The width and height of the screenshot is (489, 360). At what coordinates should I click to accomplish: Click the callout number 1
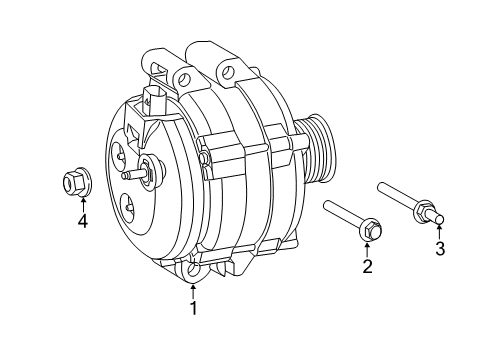194,308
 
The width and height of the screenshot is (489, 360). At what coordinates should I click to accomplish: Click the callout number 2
367,266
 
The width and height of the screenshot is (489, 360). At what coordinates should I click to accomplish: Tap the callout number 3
439,249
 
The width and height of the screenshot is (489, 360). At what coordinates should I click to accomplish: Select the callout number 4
83,221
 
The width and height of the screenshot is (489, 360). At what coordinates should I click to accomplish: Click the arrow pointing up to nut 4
83,204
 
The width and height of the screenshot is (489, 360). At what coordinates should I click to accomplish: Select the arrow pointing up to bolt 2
367,249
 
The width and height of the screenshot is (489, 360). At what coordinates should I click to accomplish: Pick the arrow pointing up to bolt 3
439,232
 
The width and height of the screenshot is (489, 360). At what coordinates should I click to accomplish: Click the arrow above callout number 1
194,291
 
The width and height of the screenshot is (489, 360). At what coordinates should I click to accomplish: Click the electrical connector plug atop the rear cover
152,100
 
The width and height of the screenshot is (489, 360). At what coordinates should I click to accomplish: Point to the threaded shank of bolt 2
344,217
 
